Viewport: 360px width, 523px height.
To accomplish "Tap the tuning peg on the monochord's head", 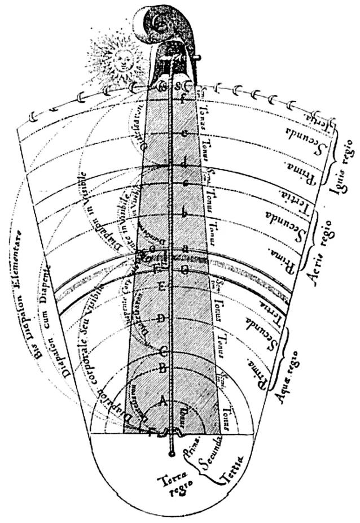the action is tap(195, 56).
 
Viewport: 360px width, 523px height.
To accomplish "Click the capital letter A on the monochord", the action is tap(163, 401).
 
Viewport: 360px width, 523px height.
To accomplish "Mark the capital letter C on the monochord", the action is tap(163, 351).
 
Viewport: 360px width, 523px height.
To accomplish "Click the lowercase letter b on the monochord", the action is tap(183, 213).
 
